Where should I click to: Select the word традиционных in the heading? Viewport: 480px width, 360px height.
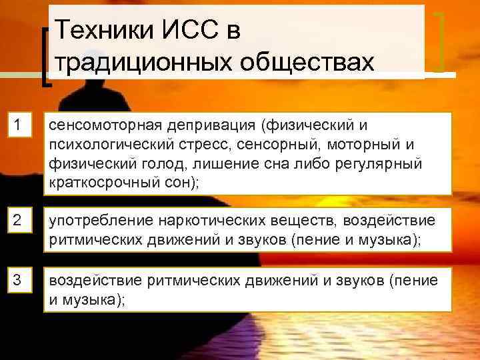pyautogui.click(x=140, y=61)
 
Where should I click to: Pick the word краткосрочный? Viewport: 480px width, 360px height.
pyautogui.click(x=101, y=184)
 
